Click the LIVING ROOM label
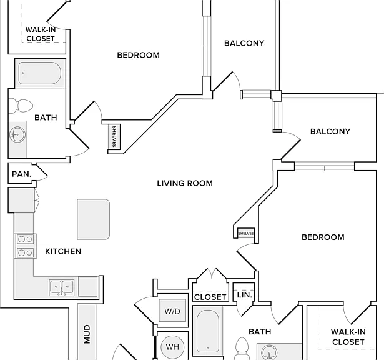185,183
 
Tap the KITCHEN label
63,251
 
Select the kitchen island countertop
93,219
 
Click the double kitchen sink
61,287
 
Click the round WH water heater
172,347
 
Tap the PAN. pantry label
22,174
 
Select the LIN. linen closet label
244,295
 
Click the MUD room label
87,334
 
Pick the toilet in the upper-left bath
21,106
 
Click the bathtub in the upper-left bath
40,73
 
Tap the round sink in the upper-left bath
17,134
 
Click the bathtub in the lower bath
208,331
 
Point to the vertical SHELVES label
114,136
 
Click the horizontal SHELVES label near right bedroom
246,234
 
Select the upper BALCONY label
244,43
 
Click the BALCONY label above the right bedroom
330,132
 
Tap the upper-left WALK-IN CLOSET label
41,34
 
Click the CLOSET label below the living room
210,297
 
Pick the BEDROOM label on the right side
323,237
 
